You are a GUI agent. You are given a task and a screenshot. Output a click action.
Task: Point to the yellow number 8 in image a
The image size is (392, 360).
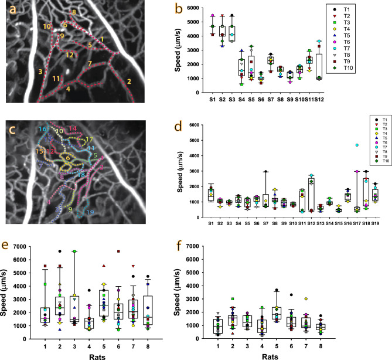coord(73,12)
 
